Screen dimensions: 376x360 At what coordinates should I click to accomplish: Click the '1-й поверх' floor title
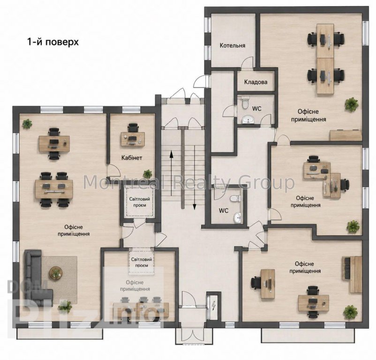click(x=53, y=42)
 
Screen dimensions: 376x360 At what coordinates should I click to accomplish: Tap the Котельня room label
click(x=233, y=45)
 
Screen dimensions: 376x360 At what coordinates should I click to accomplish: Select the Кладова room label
click(x=256, y=82)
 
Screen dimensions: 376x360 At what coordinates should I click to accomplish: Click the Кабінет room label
click(x=132, y=157)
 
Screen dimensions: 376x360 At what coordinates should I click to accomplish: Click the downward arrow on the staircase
click(x=195, y=178)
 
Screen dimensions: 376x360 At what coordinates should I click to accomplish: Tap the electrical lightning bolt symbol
click(x=213, y=306)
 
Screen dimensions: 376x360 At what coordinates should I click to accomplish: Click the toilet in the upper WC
click(x=245, y=103)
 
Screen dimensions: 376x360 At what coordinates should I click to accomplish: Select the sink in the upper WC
click(x=248, y=119)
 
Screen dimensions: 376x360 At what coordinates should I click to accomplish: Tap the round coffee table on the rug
click(x=56, y=272)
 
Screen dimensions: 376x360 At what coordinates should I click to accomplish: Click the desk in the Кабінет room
click(x=132, y=139)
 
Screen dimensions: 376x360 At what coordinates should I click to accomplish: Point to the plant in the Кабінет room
click(x=147, y=173)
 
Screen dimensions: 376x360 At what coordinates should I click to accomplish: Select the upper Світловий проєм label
click(x=140, y=202)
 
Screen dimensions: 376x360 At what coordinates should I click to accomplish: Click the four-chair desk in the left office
click(x=54, y=189)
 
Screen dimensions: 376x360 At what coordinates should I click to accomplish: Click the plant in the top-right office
click(x=352, y=104)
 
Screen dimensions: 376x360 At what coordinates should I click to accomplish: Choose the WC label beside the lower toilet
click(x=224, y=210)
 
